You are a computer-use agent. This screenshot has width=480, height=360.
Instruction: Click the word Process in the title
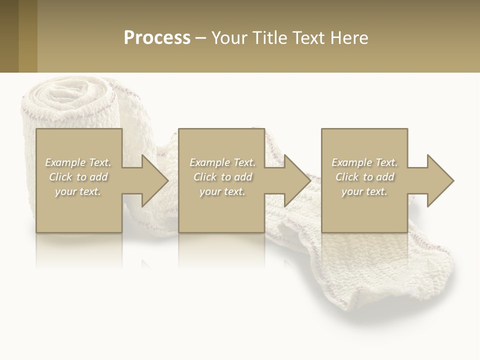click(157, 38)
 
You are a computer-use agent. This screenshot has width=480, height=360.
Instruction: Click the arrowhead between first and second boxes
click(154, 180)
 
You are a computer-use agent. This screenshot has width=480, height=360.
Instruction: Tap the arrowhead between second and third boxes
click(297, 180)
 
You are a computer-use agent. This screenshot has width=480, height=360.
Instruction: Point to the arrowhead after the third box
click(440, 180)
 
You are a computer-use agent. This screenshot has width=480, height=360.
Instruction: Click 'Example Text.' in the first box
click(78, 162)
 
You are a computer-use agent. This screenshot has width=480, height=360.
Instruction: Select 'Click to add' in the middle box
click(222, 177)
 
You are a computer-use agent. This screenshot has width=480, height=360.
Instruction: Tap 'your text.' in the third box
click(364, 191)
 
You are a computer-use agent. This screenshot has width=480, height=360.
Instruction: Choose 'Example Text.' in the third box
click(364, 162)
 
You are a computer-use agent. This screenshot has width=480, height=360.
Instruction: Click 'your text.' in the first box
click(78, 191)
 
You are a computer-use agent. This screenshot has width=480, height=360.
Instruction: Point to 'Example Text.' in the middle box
click(222, 162)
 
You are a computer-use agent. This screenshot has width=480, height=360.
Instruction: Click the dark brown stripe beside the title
click(9, 36)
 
